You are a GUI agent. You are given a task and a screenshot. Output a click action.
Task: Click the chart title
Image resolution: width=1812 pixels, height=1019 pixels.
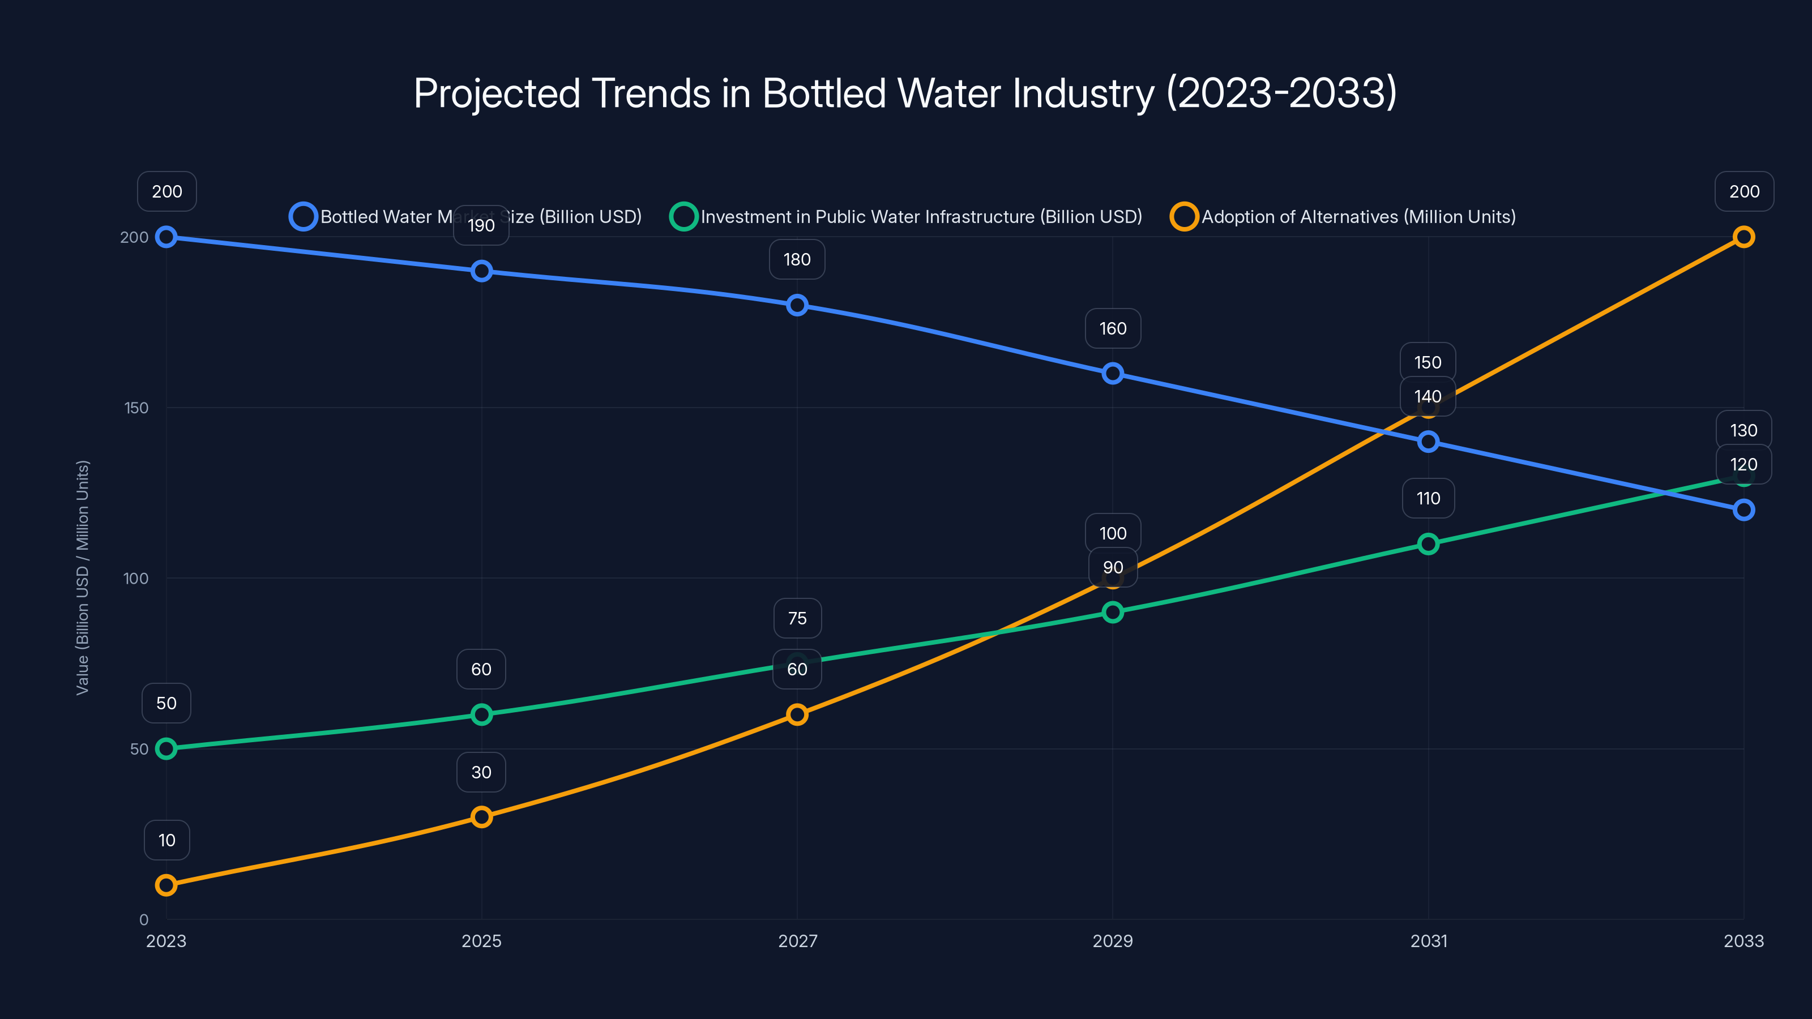click(x=905, y=93)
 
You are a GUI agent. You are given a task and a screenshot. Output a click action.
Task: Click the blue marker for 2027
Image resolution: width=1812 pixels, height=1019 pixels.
click(x=797, y=305)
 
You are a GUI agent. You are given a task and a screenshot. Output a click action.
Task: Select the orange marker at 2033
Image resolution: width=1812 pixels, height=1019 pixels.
click(x=1743, y=237)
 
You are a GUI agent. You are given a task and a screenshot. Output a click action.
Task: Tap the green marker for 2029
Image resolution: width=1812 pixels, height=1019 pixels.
click(x=1112, y=613)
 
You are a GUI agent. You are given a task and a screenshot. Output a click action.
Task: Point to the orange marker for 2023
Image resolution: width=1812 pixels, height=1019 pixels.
click(x=166, y=885)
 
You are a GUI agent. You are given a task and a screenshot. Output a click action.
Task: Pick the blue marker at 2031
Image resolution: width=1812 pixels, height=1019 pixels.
click(x=1428, y=442)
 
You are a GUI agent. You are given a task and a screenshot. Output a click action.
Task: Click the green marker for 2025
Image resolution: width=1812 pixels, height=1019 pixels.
click(x=481, y=714)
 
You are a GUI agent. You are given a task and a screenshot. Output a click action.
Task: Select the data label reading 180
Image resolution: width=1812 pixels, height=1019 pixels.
click(x=797, y=259)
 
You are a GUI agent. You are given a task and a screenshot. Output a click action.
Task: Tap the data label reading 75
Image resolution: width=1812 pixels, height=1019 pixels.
click(x=797, y=618)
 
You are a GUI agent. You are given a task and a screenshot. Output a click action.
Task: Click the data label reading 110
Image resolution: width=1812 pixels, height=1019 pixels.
click(x=1428, y=499)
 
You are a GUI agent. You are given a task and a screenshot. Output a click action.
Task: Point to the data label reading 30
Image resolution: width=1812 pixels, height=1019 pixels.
click(x=481, y=772)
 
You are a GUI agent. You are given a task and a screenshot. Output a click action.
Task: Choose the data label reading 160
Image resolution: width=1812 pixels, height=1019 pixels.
click(x=1113, y=328)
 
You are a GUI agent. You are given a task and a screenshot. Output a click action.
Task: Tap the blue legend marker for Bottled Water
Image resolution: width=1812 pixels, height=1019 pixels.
click(x=303, y=217)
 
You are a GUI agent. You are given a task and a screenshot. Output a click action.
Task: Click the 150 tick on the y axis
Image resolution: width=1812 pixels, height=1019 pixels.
click(x=136, y=408)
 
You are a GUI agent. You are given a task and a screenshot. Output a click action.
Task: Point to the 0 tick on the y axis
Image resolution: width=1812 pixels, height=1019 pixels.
click(x=143, y=919)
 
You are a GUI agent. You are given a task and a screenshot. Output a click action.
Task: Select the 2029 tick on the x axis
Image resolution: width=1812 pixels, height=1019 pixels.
click(x=1112, y=941)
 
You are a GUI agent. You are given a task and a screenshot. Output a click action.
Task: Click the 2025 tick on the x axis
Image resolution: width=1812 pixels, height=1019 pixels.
click(x=481, y=941)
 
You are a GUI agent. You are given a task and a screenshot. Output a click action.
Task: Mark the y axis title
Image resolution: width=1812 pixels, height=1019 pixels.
click(x=82, y=577)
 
